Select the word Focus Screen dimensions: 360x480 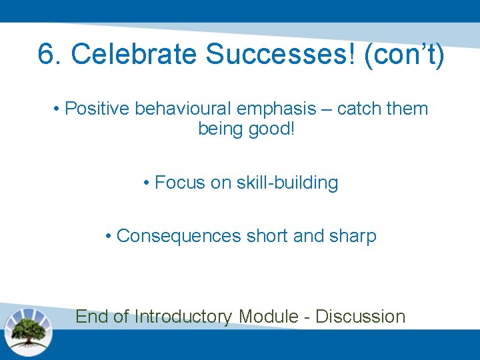(x=180, y=183)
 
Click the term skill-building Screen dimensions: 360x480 (x=287, y=183)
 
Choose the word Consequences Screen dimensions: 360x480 (x=179, y=236)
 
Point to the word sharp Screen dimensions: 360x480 (x=353, y=236)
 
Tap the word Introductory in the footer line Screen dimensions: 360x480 (x=183, y=316)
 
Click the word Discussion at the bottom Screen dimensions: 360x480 (x=360, y=316)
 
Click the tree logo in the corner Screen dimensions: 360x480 (x=28, y=331)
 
